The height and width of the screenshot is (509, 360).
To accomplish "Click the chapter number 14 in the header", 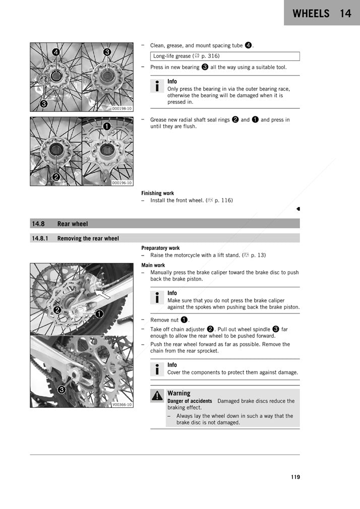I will [x=345, y=14].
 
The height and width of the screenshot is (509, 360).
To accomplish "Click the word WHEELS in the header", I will [x=311, y=14].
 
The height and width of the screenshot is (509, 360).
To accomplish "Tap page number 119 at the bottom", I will [x=295, y=477].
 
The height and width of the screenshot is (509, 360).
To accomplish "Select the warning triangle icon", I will [x=157, y=396].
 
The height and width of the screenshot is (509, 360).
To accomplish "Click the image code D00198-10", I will [x=122, y=108].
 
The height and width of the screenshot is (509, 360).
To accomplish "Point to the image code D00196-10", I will [x=122, y=183].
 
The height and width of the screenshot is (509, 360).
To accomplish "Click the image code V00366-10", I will [x=122, y=404].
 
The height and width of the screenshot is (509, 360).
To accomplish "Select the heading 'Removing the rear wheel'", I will [x=88, y=238].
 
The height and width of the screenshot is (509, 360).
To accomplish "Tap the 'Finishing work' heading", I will [x=157, y=193].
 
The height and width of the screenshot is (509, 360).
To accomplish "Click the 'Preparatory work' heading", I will [x=160, y=248].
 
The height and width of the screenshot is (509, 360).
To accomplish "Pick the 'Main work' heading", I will [x=153, y=265].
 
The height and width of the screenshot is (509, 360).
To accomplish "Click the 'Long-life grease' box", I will [x=224, y=56].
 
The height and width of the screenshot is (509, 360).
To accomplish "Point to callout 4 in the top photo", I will [x=55, y=52].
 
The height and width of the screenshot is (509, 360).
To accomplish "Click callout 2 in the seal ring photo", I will [x=56, y=176].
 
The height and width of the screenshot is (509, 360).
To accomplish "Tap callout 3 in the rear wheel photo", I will [x=62, y=389].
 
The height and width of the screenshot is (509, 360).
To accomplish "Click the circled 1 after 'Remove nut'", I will [x=185, y=320].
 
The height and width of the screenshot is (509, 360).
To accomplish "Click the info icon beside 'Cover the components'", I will [x=157, y=369].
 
